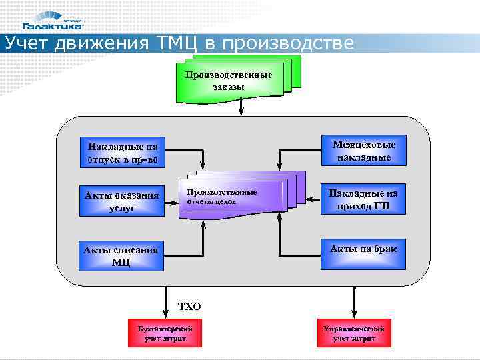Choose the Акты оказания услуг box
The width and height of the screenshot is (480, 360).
[121, 201]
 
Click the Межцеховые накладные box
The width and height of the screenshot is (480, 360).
[363, 151]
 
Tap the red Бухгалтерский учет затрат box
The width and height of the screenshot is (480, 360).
[165, 333]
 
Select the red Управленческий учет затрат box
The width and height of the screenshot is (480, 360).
[354, 333]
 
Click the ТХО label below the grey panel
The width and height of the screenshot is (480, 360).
[189, 307]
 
